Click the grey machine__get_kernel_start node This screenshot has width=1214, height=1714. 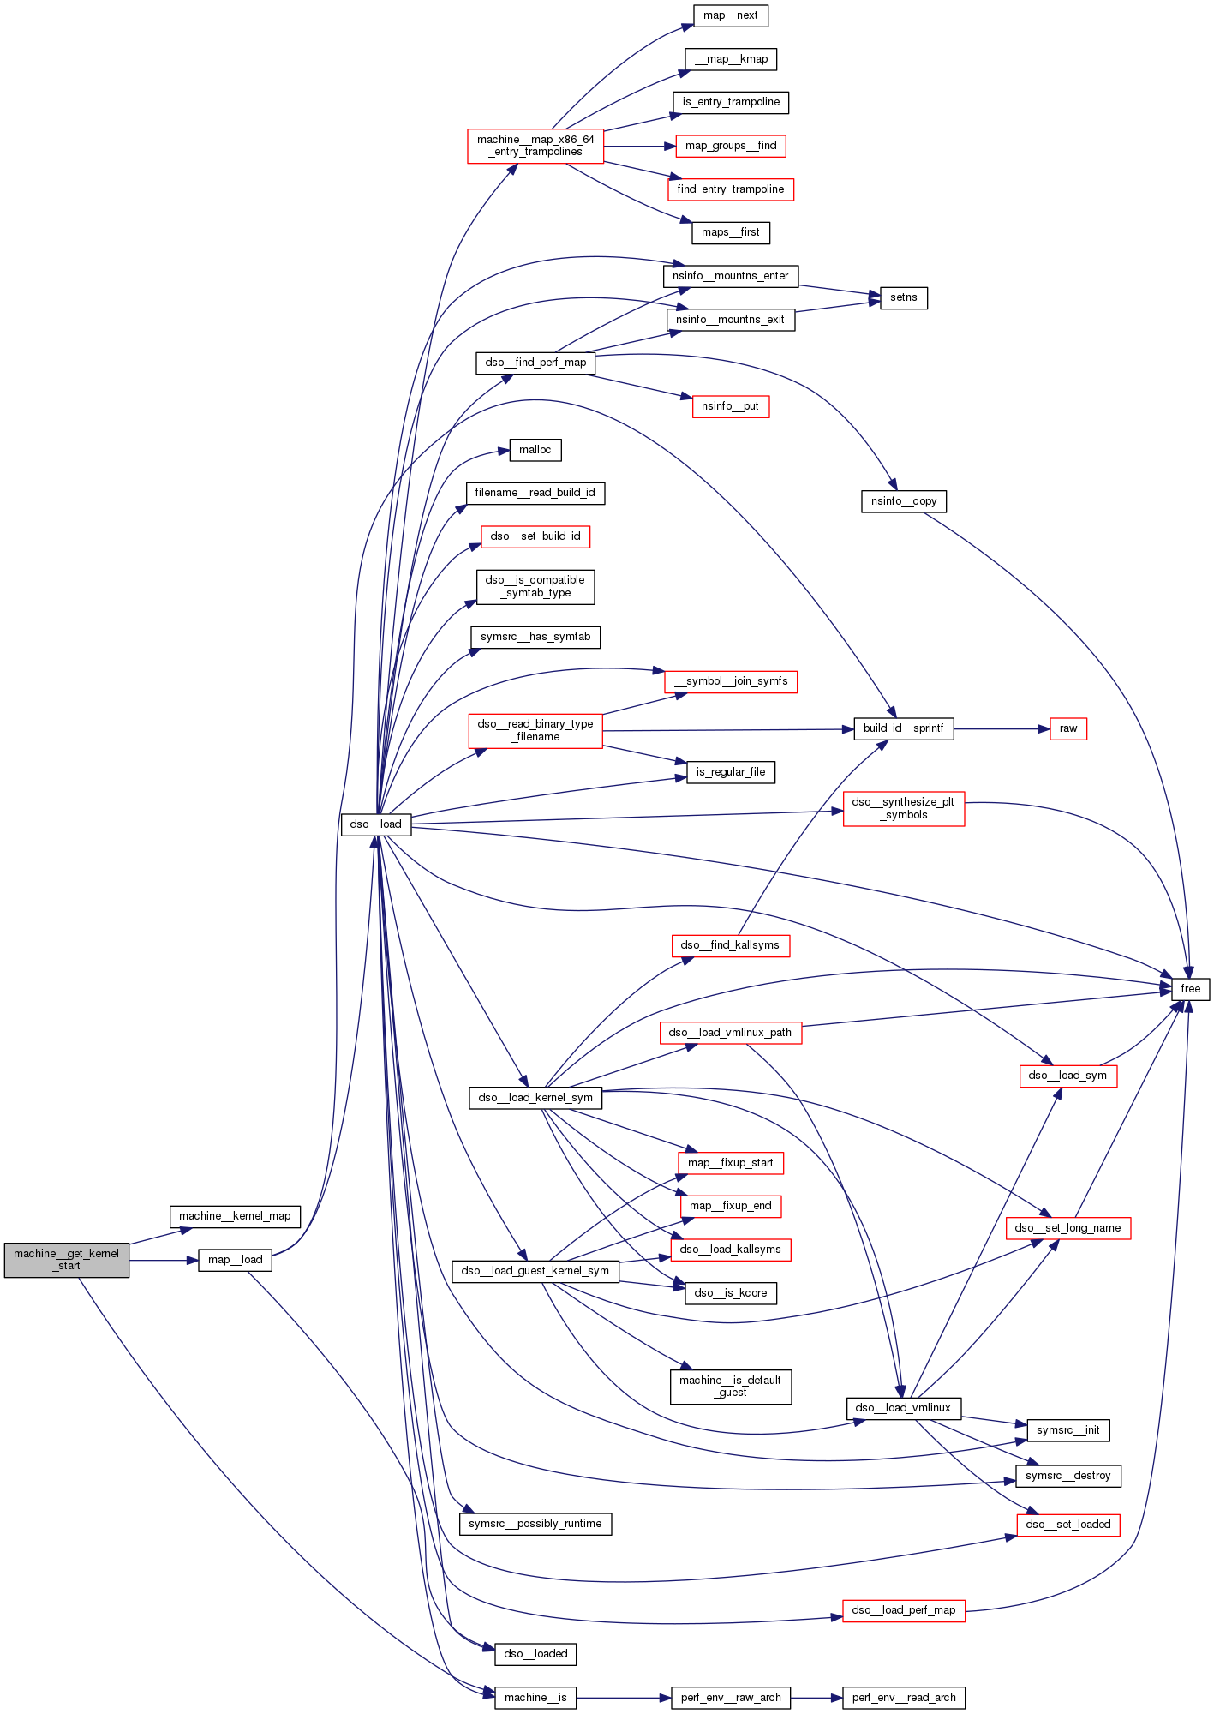[x=67, y=1259]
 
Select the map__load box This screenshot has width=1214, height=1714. [x=235, y=1260]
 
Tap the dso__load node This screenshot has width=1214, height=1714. [x=376, y=824]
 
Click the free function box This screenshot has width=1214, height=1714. [x=1190, y=989]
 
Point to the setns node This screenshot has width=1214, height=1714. [x=903, y=298]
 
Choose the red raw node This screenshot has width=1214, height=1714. [x=1067, y=729]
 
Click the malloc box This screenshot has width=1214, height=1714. [x=535, y=450]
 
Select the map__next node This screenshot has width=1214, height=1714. [x=730, y=15]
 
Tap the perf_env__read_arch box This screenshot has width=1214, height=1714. [x=904, y=1698]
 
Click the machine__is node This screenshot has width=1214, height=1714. [x=535, y=1698]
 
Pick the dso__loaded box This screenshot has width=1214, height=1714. [x=535, y=1654]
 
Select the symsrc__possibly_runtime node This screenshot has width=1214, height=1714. [x=535, y=1524]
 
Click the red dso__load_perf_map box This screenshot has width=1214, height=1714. [x=904, y=1610]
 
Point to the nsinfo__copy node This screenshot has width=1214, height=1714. [x=904, y=501]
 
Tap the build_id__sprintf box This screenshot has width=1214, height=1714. [x=903, y=729]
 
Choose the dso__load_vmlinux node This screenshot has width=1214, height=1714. [x=903, y=1408]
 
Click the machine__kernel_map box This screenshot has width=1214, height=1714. [x=235, y=1216]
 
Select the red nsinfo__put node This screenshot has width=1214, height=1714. [x=730, y=406]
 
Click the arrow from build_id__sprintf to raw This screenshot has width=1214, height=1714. [x=1002, y=729]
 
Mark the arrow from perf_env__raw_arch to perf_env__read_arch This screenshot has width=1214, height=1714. [x=816, y=1698]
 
